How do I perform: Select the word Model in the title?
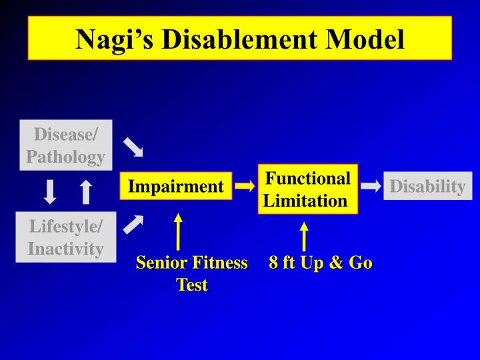click(x=367, y=39)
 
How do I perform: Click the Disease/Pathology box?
click(x=65, y=145)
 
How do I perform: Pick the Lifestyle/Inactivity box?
click(x=65, y=237)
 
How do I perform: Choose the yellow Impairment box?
click(x=175, y=187)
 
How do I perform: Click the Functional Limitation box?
click(x=307, y=189)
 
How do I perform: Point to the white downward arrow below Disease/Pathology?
click(x=50, y=191)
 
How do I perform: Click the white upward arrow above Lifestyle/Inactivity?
click(x=85, y=191)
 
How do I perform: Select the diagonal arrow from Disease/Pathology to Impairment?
click(x=133, y=147)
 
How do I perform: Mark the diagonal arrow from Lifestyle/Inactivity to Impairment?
click(x=133, y=225)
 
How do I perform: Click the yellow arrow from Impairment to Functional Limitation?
click(x=245, y=187)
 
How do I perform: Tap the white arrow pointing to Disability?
click(x=371, y=187)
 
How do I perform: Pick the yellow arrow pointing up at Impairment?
click(x=178, y=231)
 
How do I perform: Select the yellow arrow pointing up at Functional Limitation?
click(x=304, y=237)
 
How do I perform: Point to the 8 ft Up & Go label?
click(x=320, y=263)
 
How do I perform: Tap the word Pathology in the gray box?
click(x=65, y=157)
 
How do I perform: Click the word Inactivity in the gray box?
click(x=65, y=249)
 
